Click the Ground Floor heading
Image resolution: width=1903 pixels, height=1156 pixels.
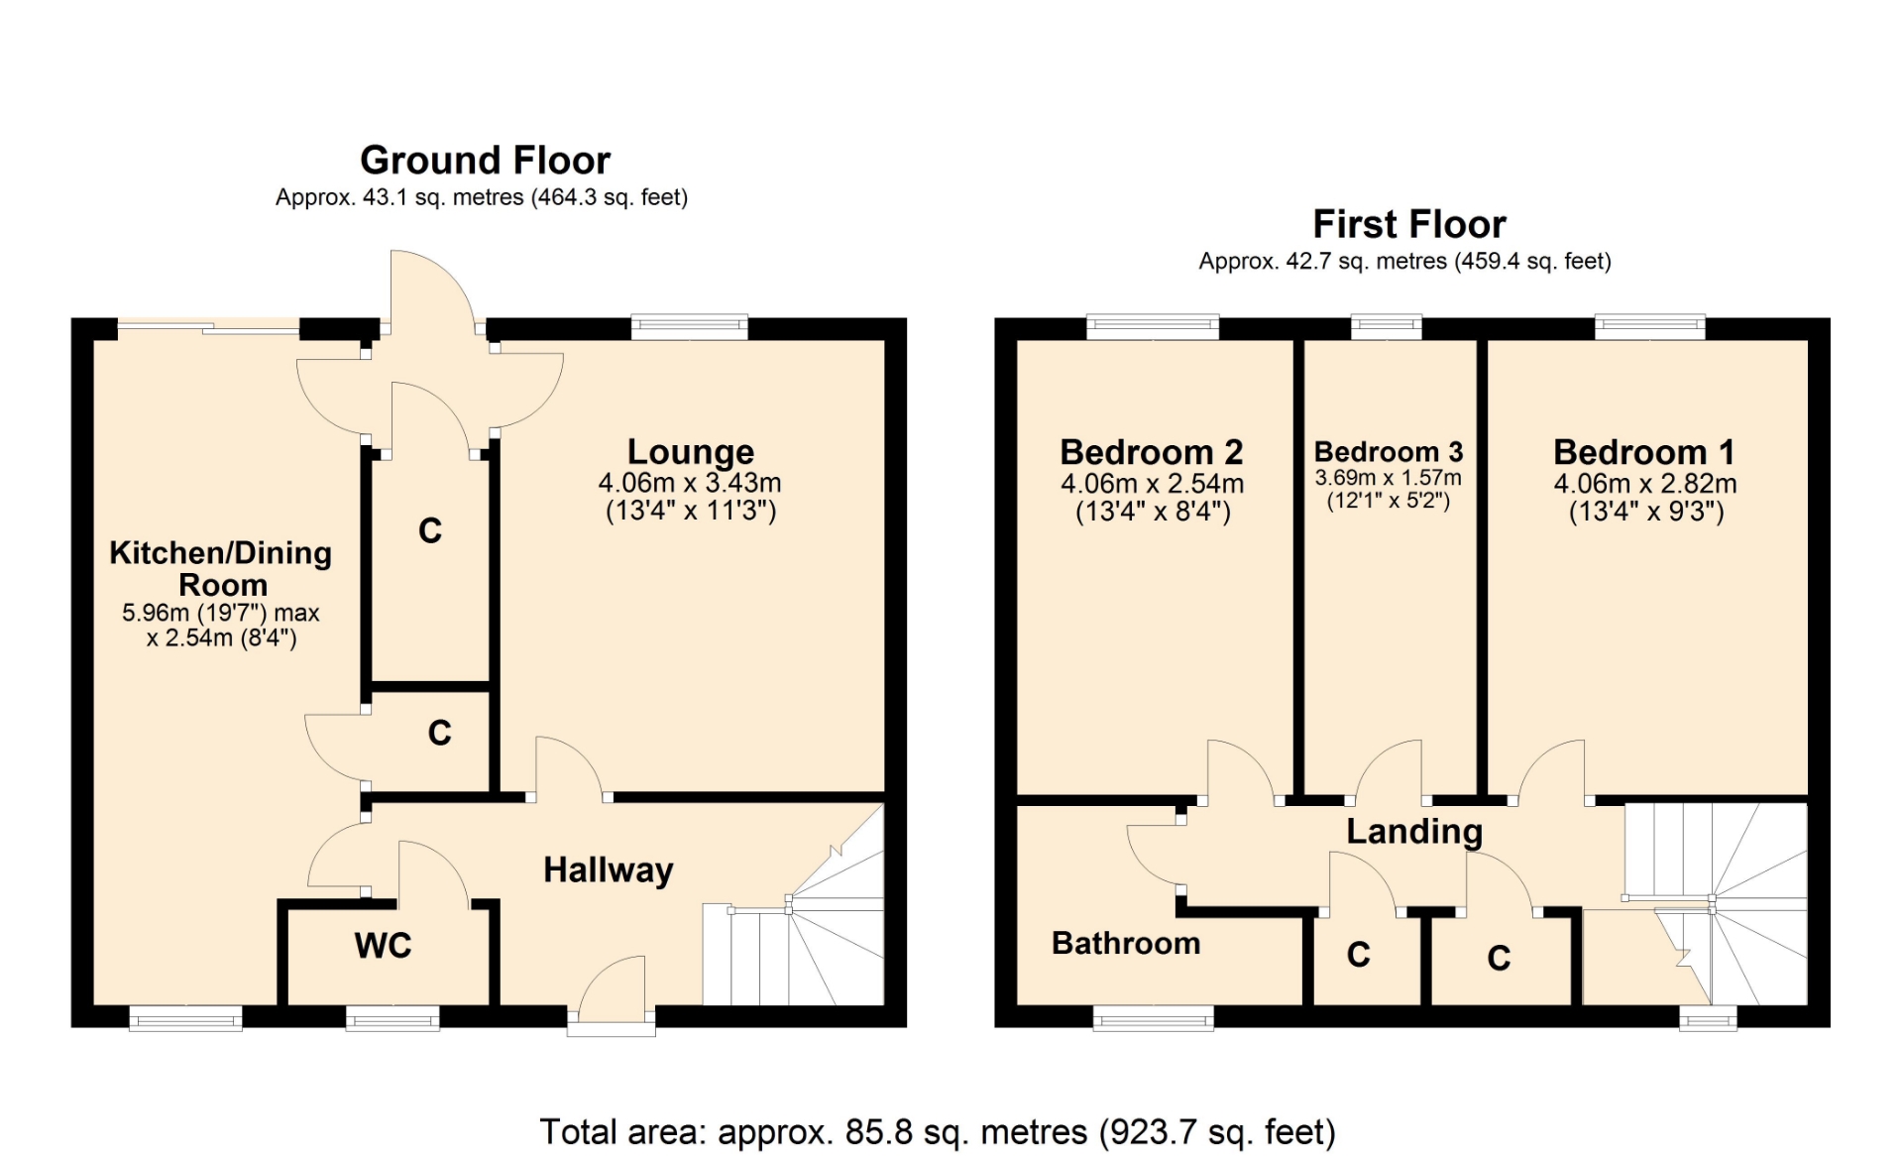(x=485, y=161)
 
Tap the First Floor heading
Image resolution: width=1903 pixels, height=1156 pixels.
(x=1408, y=225)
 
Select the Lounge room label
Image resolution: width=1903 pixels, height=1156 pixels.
(x=691, y=452)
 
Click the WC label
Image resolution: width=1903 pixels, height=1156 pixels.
(x=383, y=946)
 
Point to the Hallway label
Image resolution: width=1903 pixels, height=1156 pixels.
(x=609, y=870)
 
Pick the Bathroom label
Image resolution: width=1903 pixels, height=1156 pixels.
(x=1126, y=943)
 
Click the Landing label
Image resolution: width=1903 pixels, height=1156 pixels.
(x=1414, y=832)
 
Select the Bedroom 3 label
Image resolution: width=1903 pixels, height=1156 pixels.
(x=1389, y=452)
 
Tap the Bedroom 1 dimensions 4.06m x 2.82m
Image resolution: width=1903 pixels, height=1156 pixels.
(x=1645, y=484)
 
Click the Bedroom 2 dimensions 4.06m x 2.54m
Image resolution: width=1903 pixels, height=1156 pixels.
(x=1152, y=484)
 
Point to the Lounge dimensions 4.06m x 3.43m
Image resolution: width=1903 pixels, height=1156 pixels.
(x=690, y=483)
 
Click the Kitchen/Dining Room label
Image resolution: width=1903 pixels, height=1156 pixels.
(x=221, y=568)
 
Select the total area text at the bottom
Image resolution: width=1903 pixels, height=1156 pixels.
(x=938, y=1132)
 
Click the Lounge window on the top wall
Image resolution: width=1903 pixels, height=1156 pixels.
(x=690, y=328)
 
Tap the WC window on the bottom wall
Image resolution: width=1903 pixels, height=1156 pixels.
(x=392, y=1018)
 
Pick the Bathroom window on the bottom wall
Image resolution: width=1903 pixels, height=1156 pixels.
(x=1153, y=1018)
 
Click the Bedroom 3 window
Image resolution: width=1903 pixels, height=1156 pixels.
(x=1387, y=328)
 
